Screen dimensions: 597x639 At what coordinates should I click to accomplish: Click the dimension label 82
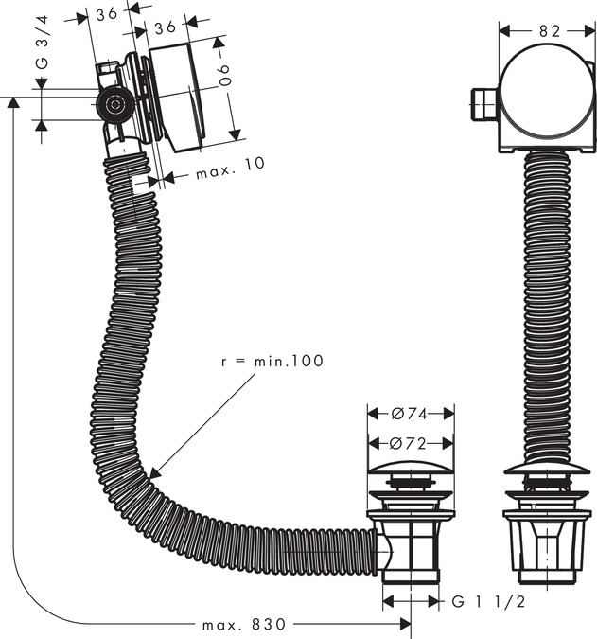coord(550,31)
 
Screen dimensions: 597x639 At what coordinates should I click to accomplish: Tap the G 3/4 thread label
coord(43,42)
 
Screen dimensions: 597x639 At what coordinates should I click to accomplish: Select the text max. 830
coord(244,624)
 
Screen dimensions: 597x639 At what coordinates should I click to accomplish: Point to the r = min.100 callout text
coord(272,361)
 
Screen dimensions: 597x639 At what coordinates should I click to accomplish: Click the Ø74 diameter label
coord(410,414)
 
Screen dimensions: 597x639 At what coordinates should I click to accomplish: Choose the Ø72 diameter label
coord(408,443)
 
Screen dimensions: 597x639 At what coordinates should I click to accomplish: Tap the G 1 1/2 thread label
coord(488,601)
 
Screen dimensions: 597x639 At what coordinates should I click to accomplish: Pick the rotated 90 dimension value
coord(224,76)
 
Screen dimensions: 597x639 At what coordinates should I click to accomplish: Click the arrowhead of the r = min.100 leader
coord(155,473)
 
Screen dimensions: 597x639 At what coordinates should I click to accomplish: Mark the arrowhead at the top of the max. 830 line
coord(14,102)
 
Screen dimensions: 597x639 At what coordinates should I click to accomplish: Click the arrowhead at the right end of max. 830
coord(406,624)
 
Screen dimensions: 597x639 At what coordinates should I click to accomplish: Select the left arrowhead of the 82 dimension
coord(505,31)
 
